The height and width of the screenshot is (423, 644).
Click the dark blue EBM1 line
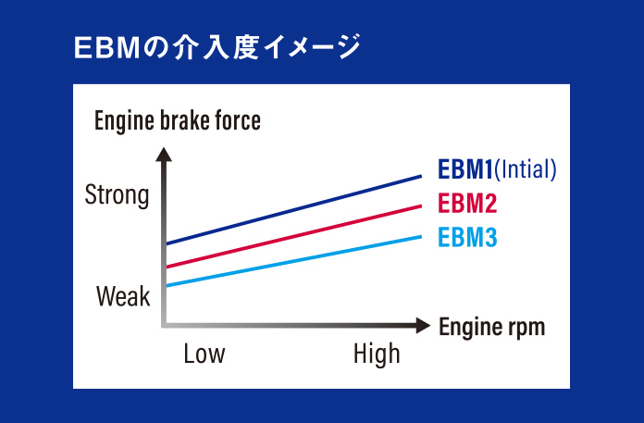pos(293,210)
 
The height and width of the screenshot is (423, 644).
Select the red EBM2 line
pos(293,237)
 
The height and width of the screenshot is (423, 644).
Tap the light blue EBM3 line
pos(293,261)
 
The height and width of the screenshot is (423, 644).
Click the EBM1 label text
pos(464,169)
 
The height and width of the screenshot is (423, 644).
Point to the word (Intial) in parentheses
pos(526,169)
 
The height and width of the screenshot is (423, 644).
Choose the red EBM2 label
pos(467,204)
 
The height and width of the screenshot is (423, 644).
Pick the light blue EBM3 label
pos(467,237)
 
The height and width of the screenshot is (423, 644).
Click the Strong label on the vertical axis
pos(117,195)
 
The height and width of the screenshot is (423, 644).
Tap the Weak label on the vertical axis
pos(123,296)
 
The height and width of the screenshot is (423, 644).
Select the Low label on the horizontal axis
pos(204,354)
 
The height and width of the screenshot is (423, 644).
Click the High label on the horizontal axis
pos(377,354)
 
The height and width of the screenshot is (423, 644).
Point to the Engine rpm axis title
pos(492,328)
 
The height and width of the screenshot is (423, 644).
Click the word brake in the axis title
pos(184,120)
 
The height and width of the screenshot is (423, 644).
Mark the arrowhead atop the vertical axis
pos(164,155)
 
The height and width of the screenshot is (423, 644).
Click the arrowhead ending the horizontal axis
pos(423,326)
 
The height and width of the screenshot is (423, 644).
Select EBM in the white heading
pos(107,47)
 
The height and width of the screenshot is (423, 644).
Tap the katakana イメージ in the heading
pos(313,47)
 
